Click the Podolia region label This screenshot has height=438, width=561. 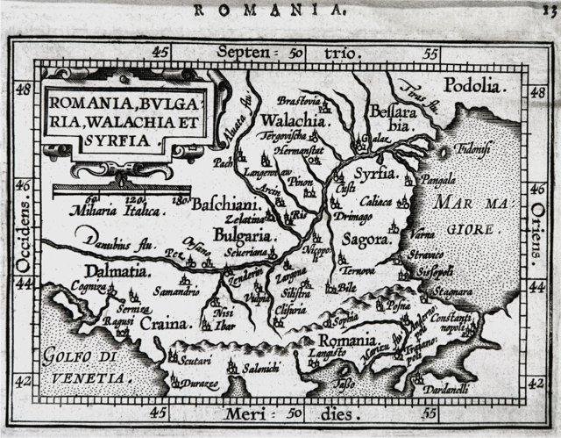[x=476, y=86]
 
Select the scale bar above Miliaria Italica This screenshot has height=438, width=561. [x=122, y=189]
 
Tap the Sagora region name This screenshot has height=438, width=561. [x=365, y=239]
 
